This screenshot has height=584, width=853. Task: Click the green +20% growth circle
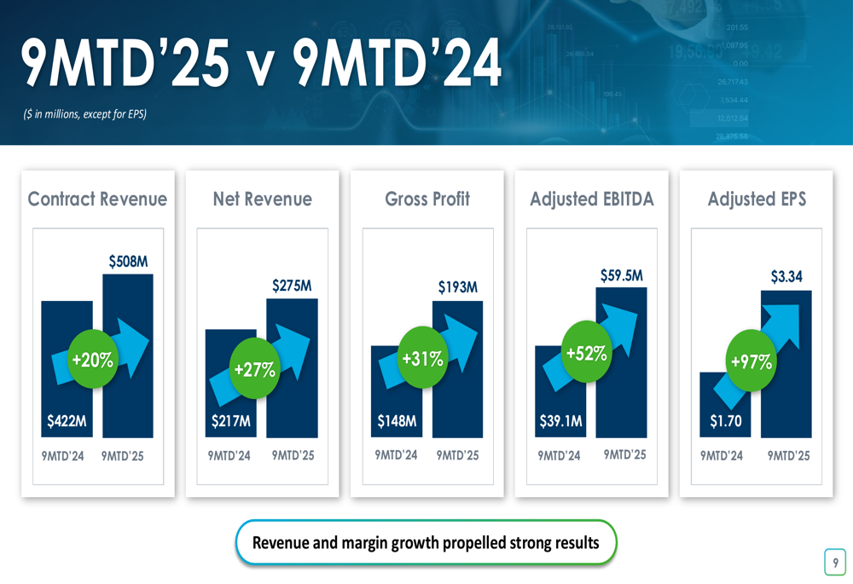[x=92, y=360]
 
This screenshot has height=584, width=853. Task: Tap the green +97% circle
[x=751, y=361]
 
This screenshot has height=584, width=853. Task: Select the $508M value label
[x=128, y=262]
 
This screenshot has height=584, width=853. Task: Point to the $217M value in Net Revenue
[x=231, y=420]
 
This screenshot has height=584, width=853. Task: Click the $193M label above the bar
[x=458, y=287]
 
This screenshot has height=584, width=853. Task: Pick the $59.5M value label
[x=622, y=275]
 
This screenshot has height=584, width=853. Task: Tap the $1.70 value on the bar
[x=726, y=420]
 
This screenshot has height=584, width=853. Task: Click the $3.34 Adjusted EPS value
[x=786, y=276]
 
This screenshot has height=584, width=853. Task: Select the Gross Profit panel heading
[x=427, y=199]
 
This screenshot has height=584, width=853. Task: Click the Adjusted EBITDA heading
[x=592, y=199]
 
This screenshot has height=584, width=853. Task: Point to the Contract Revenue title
[x=97, y=199]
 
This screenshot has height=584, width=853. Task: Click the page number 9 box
[x=835, y=562]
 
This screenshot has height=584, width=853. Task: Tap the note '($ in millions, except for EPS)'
[x=85, y=113]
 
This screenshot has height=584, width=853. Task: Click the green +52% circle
[x=587, y=352]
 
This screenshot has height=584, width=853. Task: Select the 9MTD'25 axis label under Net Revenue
[x=293, y=455]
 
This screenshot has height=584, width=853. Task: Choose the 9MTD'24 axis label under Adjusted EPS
[x=722, y=455]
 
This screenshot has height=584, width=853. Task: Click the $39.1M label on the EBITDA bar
[x=561, y=420]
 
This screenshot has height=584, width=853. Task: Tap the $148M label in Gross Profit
[x=397, y=420]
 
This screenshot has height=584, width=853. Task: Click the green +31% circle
[x=422, y=358]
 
